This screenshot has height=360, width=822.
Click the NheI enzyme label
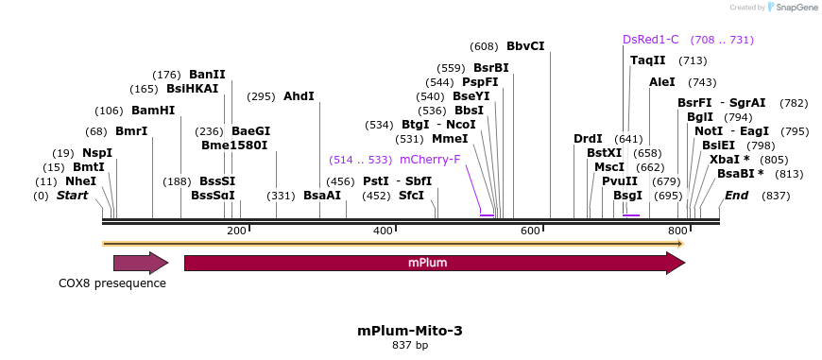tap(80, 181)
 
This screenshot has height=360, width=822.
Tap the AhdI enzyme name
tap(299, 96)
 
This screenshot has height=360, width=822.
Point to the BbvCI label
tap(525, 46)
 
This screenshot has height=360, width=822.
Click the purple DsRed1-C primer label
tap(651, 40)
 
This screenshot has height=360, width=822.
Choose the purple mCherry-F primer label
tap(430, 160)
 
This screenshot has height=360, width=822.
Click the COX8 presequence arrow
tap(140, 263)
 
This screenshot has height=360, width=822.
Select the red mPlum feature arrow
tap(434, 263)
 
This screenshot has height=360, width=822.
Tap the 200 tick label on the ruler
tap(236, 231)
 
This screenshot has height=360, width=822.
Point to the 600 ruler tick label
tap(529, 231)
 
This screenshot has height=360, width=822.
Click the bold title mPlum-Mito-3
tap(410, 331)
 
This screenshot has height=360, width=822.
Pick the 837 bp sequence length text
tap(410, 346)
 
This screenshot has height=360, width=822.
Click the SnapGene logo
tap(791, 8)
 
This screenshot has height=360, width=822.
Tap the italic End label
tap(736, 196)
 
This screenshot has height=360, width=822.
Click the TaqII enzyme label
tap(648, 60)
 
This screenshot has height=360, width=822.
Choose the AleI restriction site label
tap(662, 82)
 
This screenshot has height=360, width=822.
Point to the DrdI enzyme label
tap(588, 139)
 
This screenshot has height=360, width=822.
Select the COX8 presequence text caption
tap(112, 283)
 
